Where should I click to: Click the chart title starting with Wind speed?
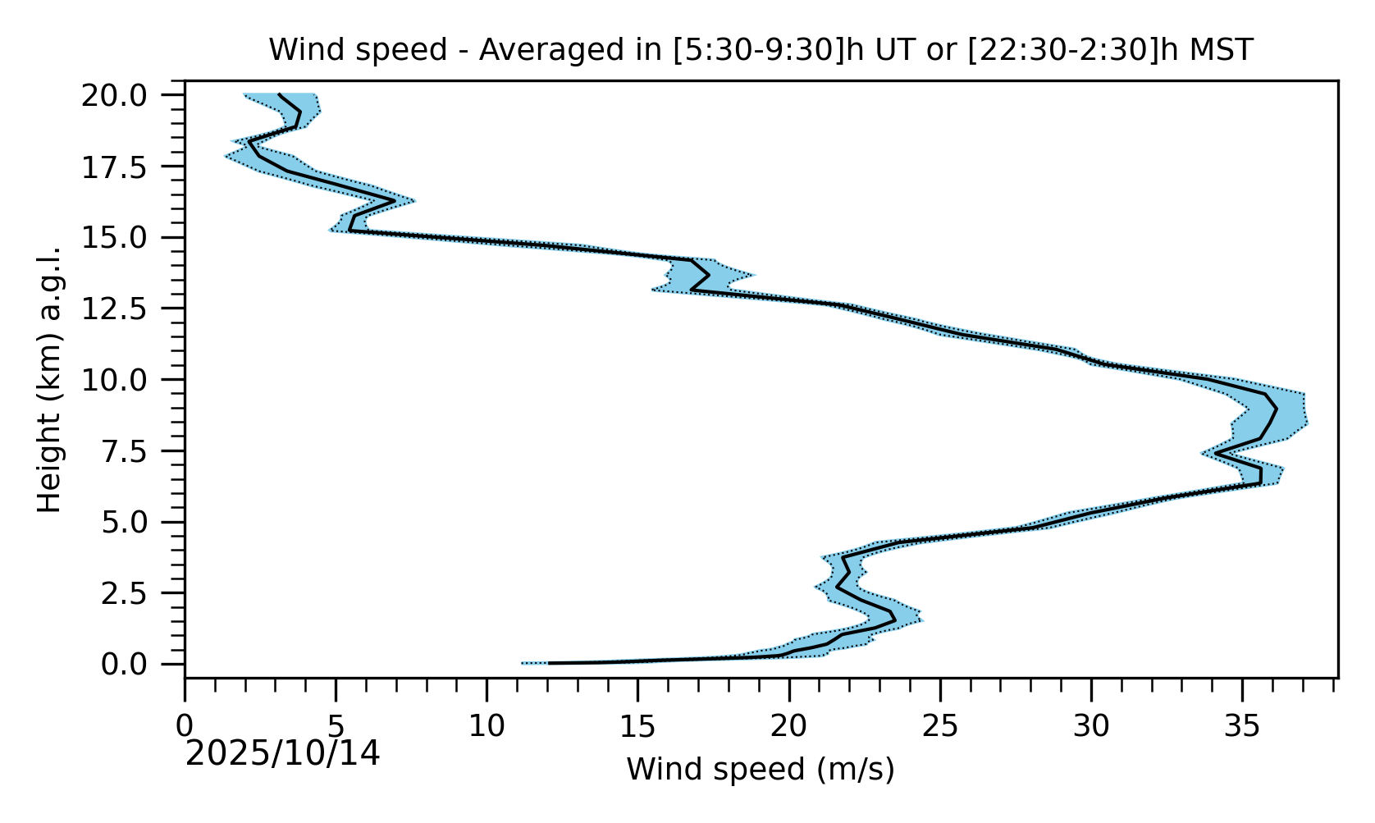(761, 51)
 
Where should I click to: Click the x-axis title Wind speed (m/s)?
(761, 770)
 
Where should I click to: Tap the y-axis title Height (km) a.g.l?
(50, 379)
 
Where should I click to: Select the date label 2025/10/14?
(282, 754)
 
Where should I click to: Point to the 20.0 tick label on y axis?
(126, 96)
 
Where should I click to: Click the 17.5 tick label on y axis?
(126, 167)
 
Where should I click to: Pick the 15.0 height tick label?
(126, 238)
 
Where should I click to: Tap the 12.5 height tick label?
(126, 309)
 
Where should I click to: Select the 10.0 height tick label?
(126, 380)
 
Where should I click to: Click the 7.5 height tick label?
(135, 451)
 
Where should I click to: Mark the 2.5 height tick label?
(135, 593)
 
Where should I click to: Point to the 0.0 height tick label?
(135, 664)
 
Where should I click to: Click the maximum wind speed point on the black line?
(1277, 408)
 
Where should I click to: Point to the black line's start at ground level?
(549, 663)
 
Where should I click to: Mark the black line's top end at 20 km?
(280, 94)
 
